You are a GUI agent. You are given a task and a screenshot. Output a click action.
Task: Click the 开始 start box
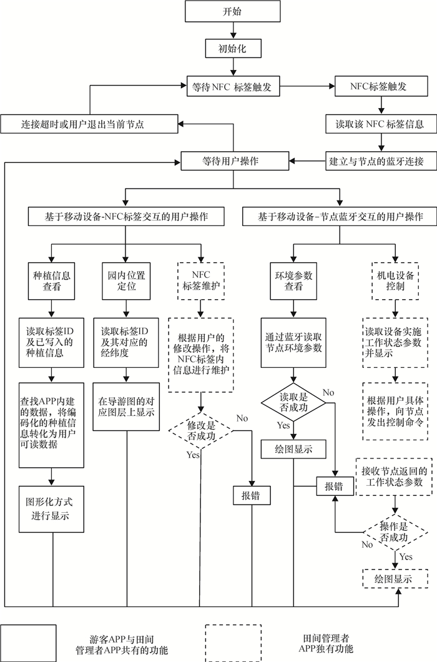pyautogui.click(x=231, y=11)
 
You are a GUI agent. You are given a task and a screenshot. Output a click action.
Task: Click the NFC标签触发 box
pyautogui.click(x=379, y=86)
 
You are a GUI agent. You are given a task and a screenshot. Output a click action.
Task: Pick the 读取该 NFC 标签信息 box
pyautogui.click(x=376, y=124)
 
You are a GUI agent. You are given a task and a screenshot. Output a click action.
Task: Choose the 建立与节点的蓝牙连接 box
pyautogui.click(x=376, y=161)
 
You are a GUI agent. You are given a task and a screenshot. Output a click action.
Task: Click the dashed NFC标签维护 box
pyautogui.click(x=201, y=280)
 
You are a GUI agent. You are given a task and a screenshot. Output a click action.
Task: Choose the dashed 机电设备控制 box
pyautogui.click(x=395, y=280)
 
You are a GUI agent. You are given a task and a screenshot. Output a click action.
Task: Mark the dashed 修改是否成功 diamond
pyautogui.click(x=201, y=430)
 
